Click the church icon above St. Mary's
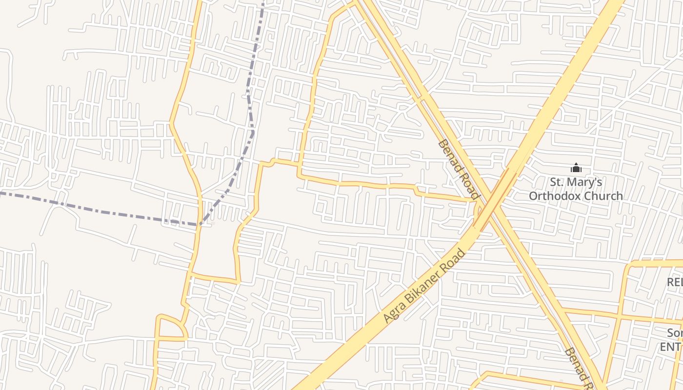pyautogui.click(x=576, y=169)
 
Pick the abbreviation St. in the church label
pyautogui.click(x=557, y=182)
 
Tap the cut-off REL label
pyautogui.click(x=675, y=282)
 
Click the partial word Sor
pyautogui.click(x=675, y=333)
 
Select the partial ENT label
pyautogui.click(x=671, y=347)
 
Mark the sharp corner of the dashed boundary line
pyautogui.click(x=200, y=225)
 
